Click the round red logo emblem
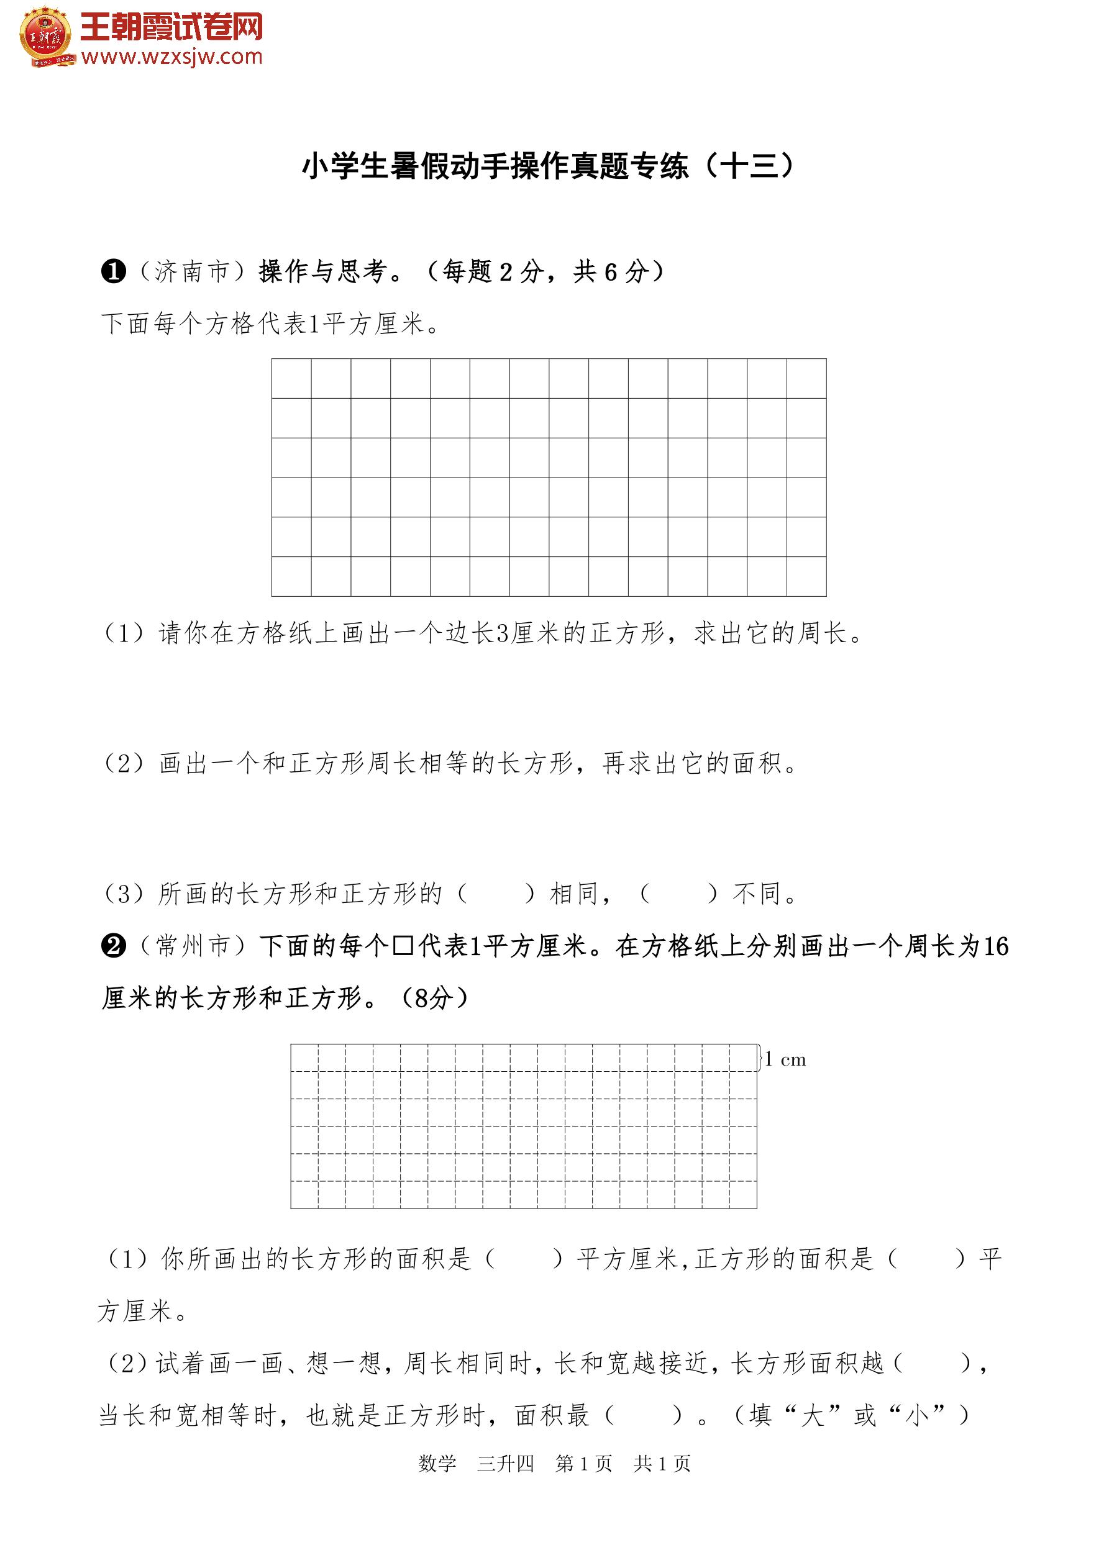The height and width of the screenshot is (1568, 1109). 46,35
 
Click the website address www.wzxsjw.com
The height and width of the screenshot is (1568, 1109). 171,57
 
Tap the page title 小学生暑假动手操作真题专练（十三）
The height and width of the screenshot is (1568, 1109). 548,166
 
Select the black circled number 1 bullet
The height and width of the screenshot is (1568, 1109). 114,272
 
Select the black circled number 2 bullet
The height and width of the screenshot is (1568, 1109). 114,946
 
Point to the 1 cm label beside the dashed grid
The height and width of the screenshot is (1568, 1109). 786,1059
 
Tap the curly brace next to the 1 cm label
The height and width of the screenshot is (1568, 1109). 760,1058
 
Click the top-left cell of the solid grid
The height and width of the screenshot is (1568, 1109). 292,378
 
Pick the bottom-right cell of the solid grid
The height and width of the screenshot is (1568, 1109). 806,576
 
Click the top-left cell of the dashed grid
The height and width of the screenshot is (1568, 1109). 305,1058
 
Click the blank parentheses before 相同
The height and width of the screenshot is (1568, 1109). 496,893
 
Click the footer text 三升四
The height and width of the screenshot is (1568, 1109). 505,1464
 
